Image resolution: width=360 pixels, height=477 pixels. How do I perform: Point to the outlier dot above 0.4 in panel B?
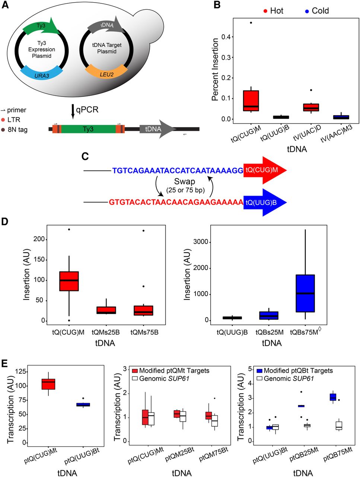(x=251, y=23)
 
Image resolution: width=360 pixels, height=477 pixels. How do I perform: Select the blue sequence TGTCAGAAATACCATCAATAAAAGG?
(x=178, y=171)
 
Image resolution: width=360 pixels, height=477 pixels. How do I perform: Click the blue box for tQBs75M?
(x=305, y=293)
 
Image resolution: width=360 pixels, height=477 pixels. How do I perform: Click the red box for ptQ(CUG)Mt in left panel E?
(x=48, y=384)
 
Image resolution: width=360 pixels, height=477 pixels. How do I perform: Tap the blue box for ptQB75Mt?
(x=333, y=397)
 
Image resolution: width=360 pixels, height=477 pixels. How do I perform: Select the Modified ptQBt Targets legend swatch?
(x=260, y=371)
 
